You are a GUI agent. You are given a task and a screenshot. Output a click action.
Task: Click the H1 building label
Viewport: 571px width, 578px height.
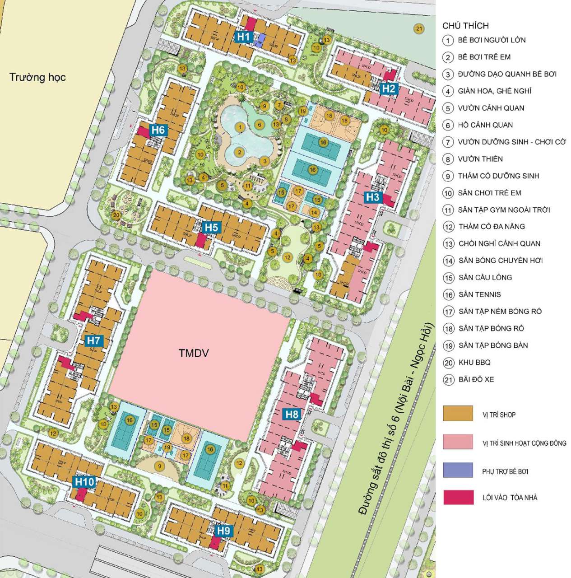pyautogui.click(x=244, y=36)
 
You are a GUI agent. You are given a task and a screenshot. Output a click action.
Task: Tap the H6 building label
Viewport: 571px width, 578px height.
pyautogui.click(x=158, y=130)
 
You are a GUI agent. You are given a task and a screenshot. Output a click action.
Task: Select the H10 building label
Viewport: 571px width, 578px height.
pyautogui.click(x=84, y=482)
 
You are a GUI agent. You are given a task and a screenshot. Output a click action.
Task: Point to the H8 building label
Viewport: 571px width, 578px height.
pyautogui.click(x=292, y=414)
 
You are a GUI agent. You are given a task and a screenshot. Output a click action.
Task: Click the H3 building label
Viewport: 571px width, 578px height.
pyautogui.click(x=372, y=197)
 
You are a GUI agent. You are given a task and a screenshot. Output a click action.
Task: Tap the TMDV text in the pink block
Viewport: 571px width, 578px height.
pyautogui.click(x=194, y=353)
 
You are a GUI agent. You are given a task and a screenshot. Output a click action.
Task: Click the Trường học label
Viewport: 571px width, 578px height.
pyautogui.click(x=37, y=77)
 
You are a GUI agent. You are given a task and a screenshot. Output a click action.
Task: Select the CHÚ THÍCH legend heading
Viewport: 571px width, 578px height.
pyautogui.click(x=465, y=26)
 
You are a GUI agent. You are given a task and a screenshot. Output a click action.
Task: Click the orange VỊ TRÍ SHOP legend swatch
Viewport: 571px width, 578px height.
pyautogui.click(x=458, y=414)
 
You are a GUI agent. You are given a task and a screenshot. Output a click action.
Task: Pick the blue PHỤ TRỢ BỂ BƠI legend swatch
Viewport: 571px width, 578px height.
pyautogui.click(x=458, y=470)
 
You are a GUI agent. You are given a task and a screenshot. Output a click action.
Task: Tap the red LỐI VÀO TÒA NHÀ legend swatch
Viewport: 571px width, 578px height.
pyautogui.click(x=458, y=497)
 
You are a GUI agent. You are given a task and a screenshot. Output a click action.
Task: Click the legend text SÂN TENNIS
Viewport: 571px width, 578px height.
pyautogui.click(x=479, y=294)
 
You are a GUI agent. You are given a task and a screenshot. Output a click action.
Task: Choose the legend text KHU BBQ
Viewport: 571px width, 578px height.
pyautogui.click(x=474, y=362)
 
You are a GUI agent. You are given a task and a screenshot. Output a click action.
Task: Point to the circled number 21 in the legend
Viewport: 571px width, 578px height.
pyautogui.click(x=448, y=379)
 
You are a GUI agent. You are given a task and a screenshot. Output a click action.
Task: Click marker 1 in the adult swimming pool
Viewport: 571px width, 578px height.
pyautogui.click(x=240, y=128)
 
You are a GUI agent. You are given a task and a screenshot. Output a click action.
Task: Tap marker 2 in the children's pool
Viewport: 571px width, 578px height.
pyautogui.click(x=240, y=152)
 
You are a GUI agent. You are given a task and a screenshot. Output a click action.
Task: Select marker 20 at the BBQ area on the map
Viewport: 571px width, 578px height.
pyautogui.click(x=116, y=215)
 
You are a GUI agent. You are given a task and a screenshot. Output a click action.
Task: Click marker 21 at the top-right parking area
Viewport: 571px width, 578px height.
pyautogui.click(x=419, y=29)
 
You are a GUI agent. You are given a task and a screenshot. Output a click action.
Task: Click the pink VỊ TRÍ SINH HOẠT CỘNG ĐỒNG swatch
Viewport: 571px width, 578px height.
pyautogui.click(x=458, y=442)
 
